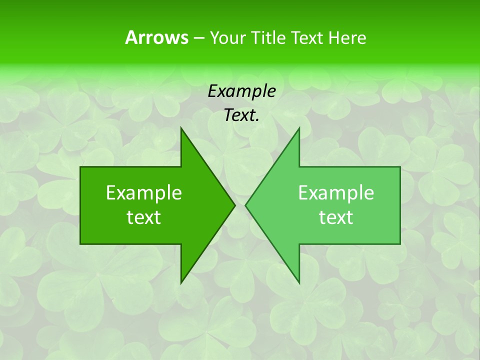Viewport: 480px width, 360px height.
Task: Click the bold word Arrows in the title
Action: (156, 37)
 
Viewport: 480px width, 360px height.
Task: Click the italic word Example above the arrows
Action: (241, 91)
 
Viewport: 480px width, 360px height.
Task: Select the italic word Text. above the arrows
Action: (241, 115)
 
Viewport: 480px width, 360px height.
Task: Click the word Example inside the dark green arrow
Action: (144, 193)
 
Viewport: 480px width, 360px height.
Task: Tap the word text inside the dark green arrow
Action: (144, 217)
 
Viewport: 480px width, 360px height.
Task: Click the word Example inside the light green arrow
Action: (336, 193)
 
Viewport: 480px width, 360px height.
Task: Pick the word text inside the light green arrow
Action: (336, 217)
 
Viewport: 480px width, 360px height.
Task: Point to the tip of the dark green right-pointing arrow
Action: (234, 205)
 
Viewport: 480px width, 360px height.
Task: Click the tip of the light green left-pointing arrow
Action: (246, 205)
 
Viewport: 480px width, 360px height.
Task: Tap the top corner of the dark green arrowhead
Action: (181, 128)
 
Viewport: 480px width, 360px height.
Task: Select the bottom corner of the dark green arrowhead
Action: (181, 283)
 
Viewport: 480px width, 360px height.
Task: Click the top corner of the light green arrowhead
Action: (299, 128)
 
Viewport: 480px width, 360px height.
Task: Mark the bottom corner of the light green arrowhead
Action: (299, 283)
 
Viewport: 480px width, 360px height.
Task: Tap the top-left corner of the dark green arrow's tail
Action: (80, 167)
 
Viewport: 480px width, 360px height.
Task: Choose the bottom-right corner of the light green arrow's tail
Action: (400, 243)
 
